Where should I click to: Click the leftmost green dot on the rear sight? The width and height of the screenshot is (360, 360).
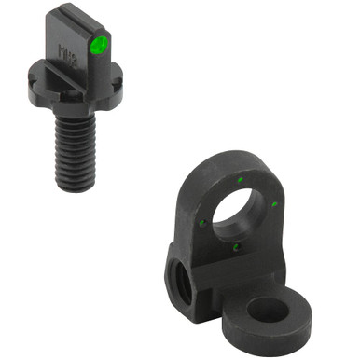[x=202, y=221]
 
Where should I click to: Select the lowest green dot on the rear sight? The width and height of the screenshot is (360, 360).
[x=237, y=246]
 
